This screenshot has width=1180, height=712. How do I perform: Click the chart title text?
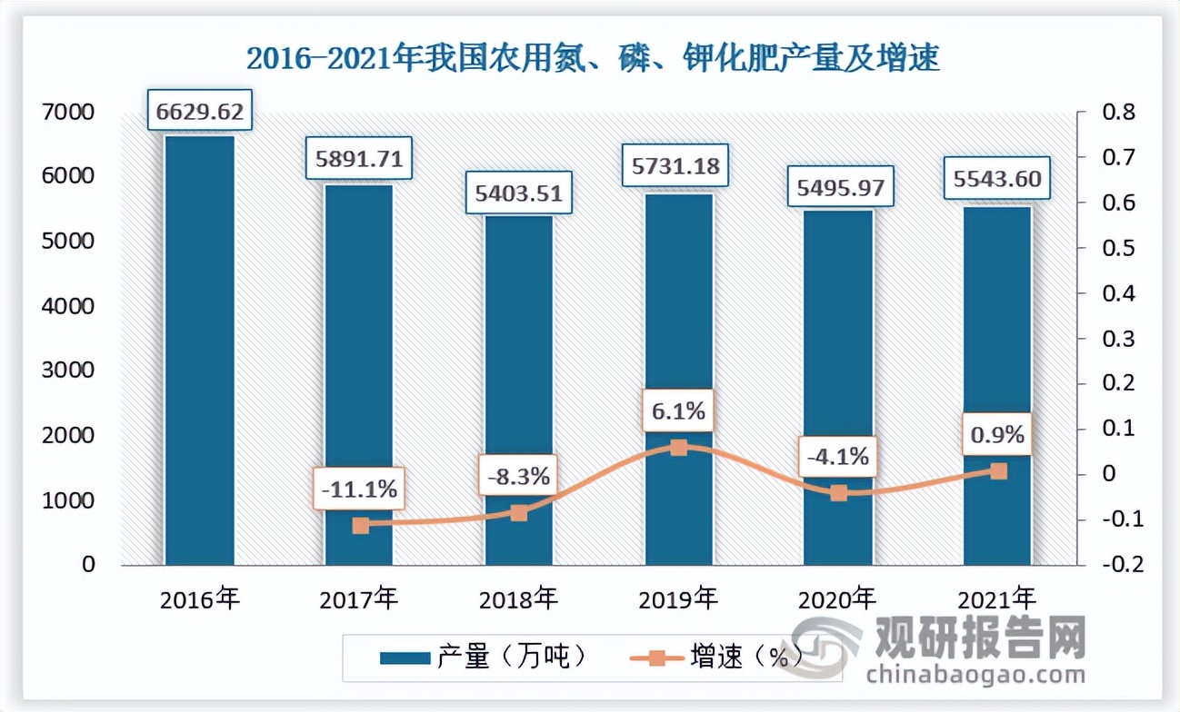(x=593, y=59)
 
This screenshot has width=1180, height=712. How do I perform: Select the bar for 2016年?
(x=199, y=350)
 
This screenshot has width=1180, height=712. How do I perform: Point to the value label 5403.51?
(x=519, y=193)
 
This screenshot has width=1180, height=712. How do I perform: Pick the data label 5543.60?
(x=997, y=183)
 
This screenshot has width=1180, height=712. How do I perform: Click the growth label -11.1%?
(x=359, y=489)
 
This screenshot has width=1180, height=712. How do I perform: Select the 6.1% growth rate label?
(x=678, y=411)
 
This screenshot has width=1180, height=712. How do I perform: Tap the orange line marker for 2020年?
(x=838, y=493)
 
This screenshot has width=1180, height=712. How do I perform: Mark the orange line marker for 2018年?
(x=519, y=513)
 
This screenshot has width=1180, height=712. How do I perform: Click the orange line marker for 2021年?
(x=998, y=471)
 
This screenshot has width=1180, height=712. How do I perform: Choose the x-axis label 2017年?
(x=359, y=599)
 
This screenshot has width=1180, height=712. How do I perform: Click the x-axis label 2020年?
(x=837, y=599)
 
